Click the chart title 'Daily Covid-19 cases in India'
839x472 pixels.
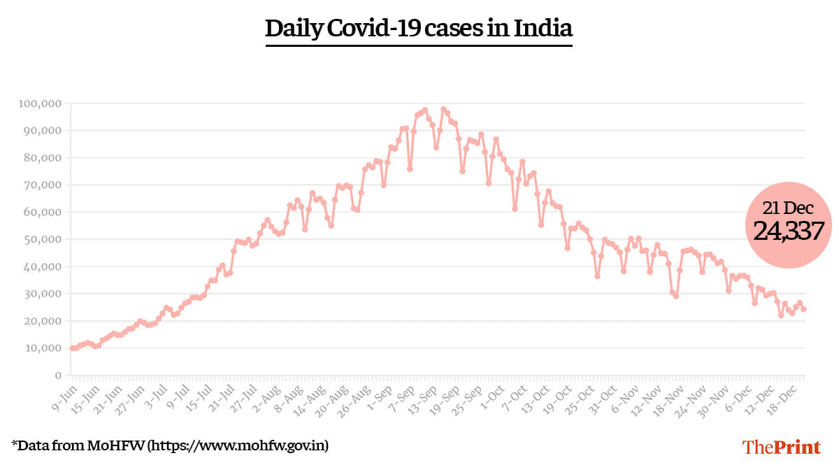pos(419,29)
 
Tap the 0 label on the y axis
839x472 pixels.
pos(58,376)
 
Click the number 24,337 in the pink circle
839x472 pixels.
pos(788,231)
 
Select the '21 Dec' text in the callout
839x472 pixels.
pos(788,207)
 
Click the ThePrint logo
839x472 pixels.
pos(781,447)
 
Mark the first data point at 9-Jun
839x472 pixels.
pos(72,348)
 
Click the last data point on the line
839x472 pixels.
pos(804,309)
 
